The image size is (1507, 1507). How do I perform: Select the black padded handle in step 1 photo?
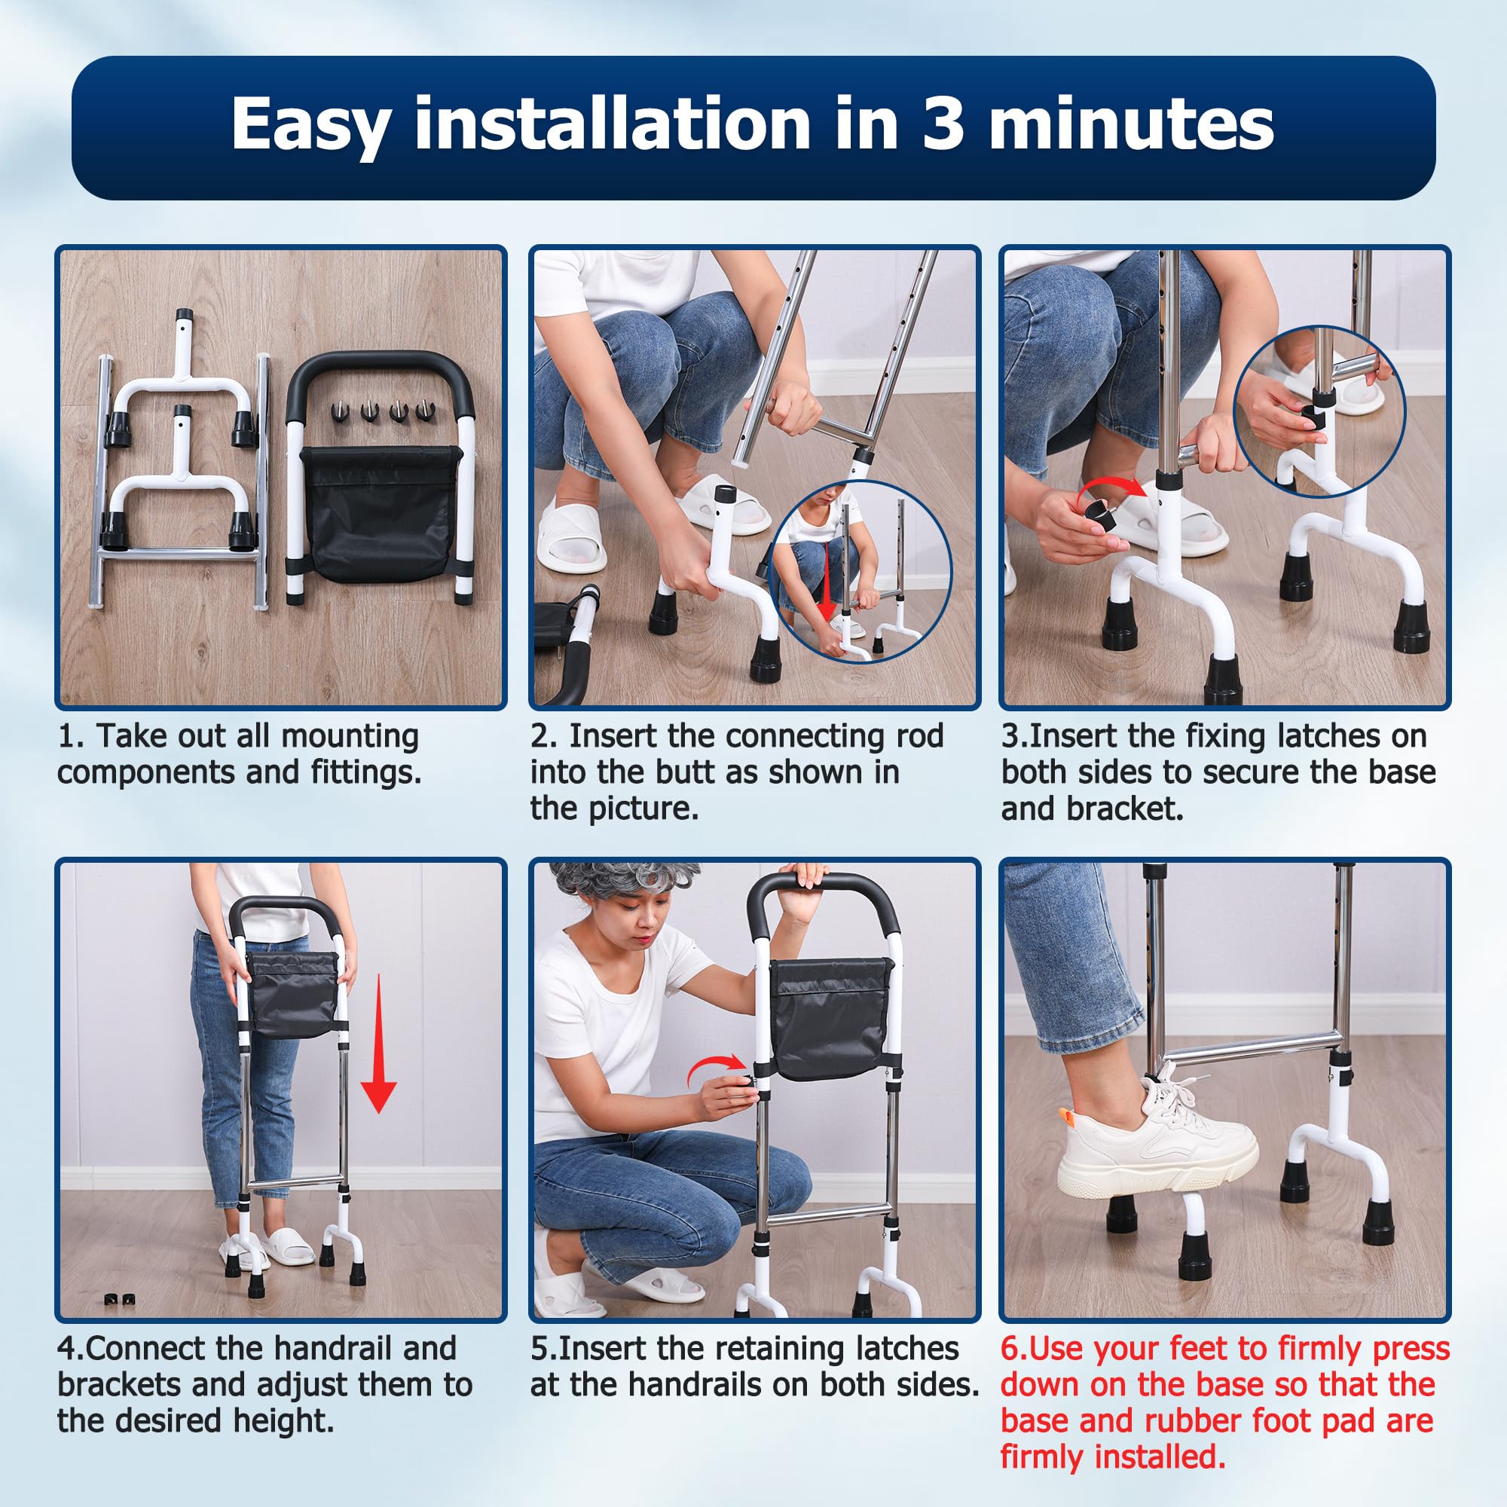(x=380, y=390)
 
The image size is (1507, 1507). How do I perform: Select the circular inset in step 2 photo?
(x=860, y=572)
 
